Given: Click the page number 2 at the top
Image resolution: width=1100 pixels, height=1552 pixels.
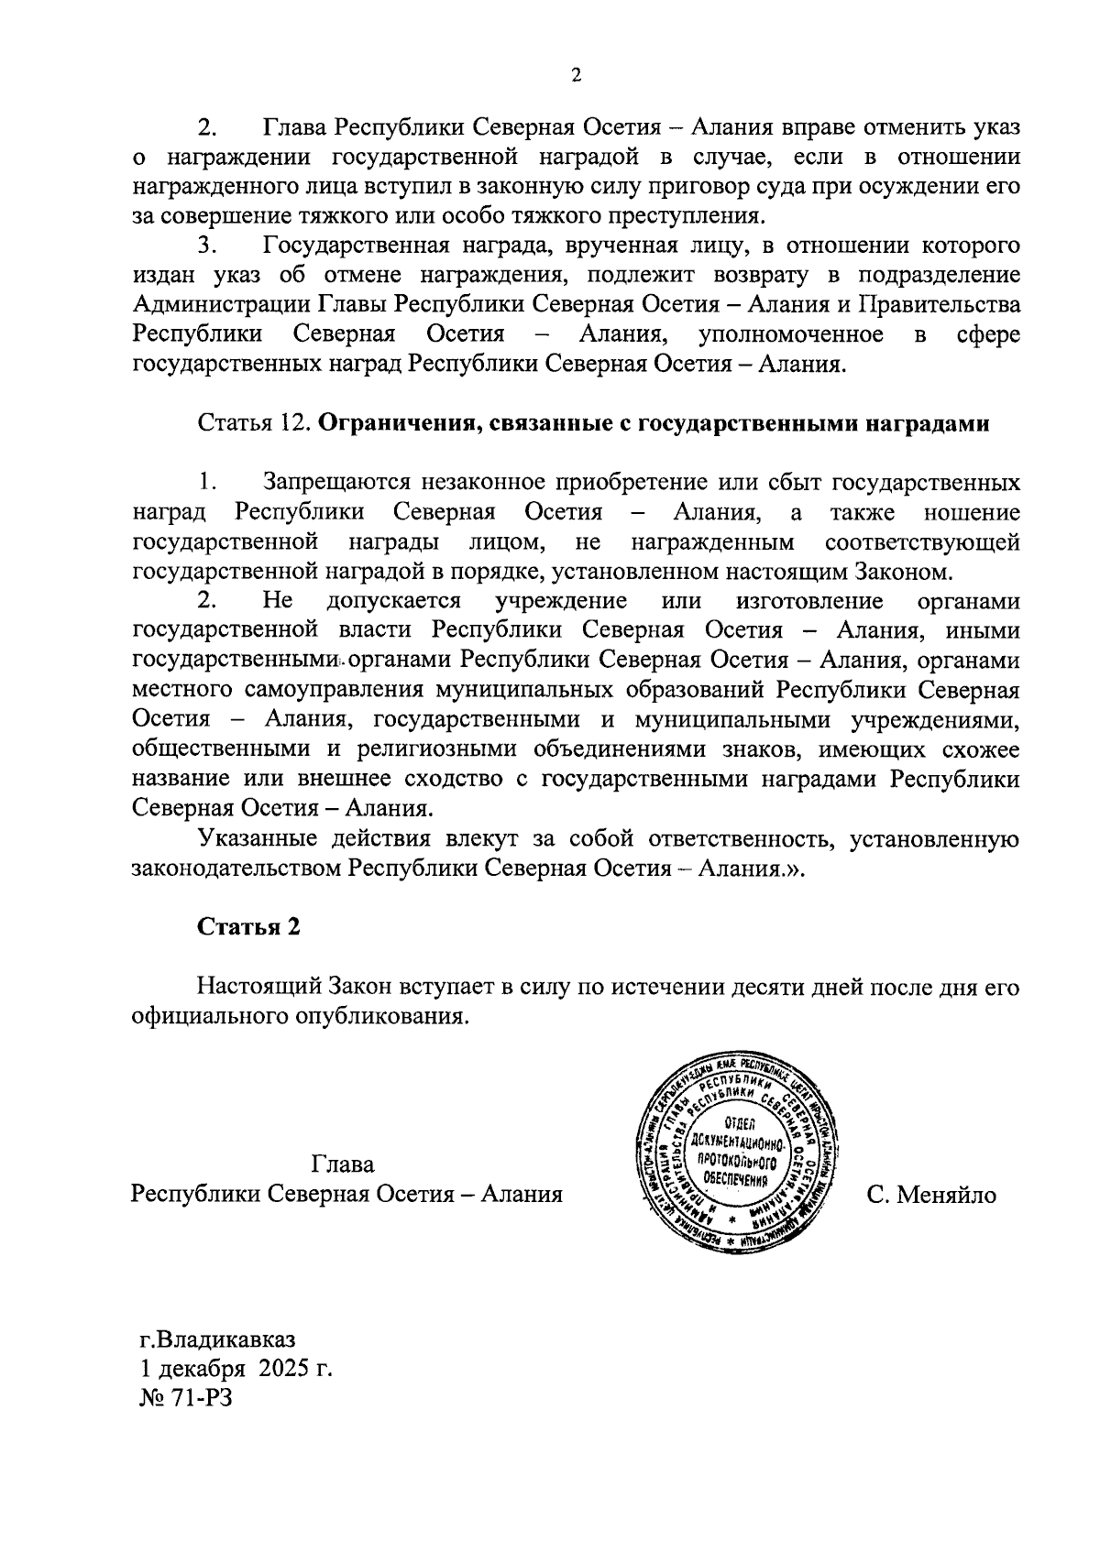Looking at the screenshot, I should [576, 77].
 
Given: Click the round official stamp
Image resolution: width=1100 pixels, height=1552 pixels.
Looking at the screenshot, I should [738, 1161].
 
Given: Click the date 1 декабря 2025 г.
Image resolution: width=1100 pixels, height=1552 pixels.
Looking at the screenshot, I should [232, 1370].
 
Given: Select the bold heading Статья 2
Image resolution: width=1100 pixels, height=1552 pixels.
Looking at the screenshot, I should [249, 926].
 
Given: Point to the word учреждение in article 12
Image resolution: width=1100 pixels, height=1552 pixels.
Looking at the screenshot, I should [561, 601].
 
